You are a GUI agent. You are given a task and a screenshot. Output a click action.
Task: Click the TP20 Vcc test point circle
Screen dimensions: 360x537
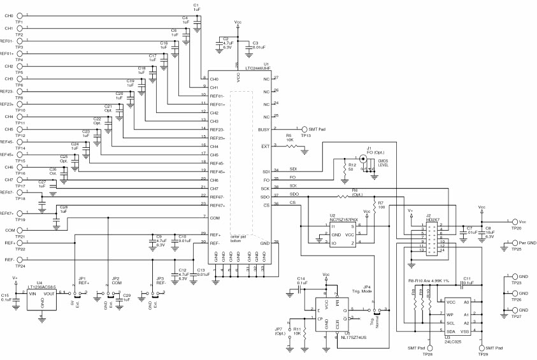(x=513, y=222)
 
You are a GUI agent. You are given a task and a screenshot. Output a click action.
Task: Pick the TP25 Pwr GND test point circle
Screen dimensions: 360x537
(x=513, y=243)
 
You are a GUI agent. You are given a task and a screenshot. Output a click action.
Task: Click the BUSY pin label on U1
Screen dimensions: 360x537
(x=264, y=129)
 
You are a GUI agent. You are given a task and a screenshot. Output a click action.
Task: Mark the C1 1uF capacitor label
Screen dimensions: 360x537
(x=196, y=8)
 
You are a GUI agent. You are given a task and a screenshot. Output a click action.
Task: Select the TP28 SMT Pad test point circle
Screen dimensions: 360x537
(x=429, y=348)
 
